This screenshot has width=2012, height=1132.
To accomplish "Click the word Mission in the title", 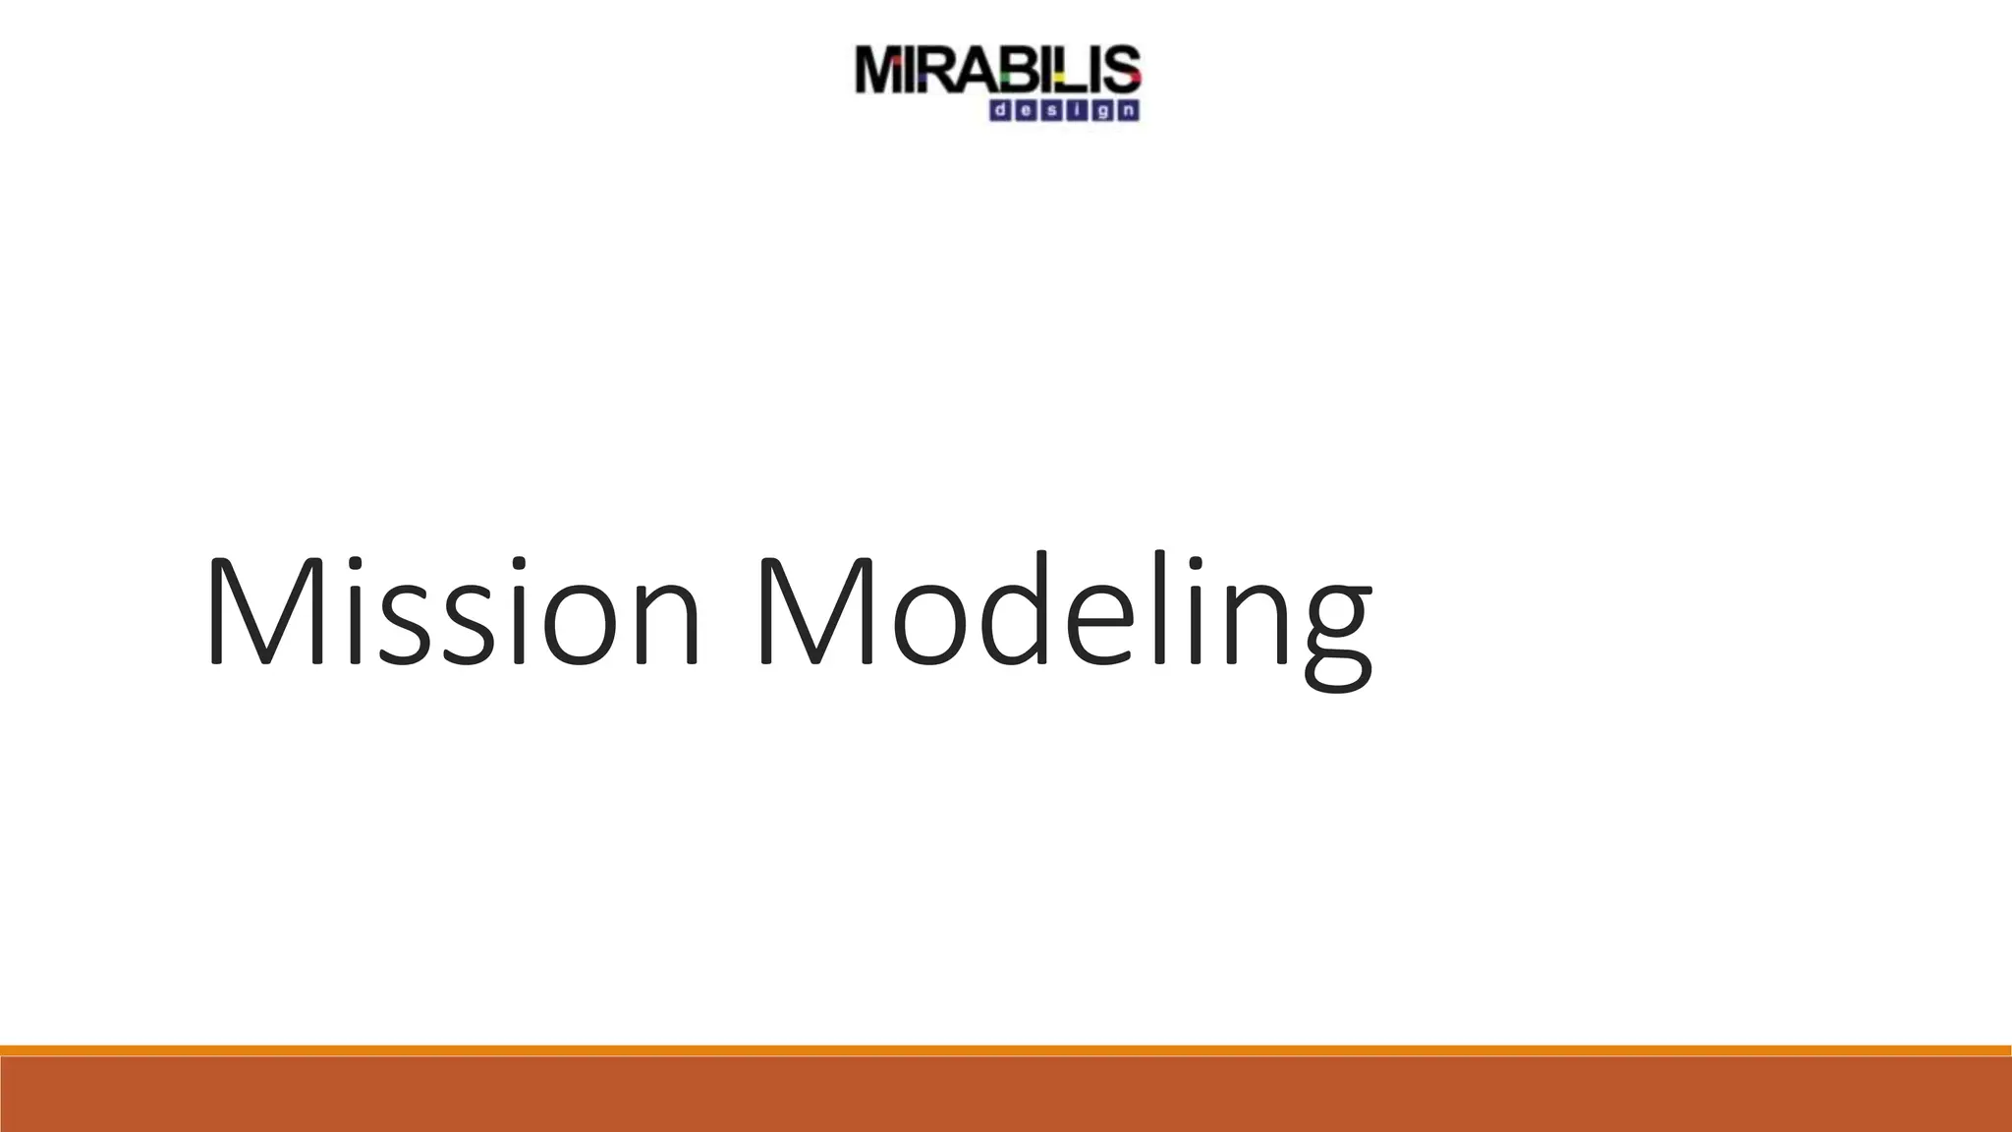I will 452,614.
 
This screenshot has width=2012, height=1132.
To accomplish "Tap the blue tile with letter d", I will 1000,110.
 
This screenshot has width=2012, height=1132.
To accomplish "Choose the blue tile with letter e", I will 1026,110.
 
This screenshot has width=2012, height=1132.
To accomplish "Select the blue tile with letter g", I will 1103,110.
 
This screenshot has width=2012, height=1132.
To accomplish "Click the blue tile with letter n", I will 1128,110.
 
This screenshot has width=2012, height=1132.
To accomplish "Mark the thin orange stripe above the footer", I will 1006,1050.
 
